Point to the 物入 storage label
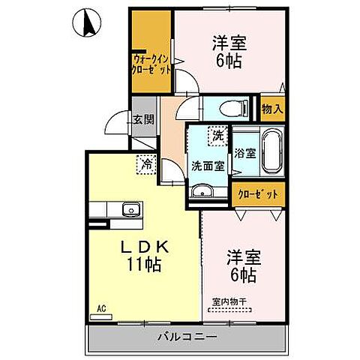pos(271,109)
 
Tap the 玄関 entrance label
pos(143,119)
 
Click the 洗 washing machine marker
pos(217,136)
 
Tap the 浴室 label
pos(245,154)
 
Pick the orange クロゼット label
pos(258,193)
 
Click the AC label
pos(100,307)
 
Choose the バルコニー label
pos(187,336)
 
